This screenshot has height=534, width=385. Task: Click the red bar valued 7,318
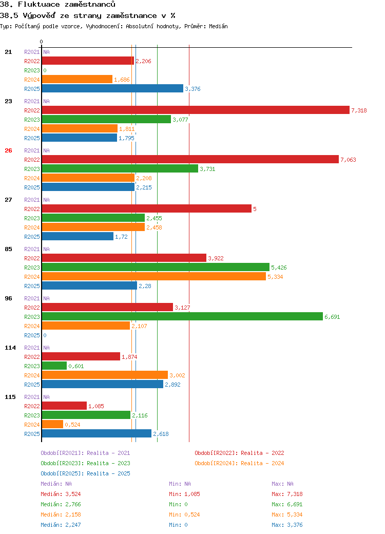pos(196,110)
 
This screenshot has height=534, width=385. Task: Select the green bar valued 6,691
pos(182,316)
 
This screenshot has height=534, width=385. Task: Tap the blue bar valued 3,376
pos(112,88)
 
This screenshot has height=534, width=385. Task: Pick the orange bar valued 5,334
pos(154,277)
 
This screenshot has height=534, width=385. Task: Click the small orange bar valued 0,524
pos(52,424)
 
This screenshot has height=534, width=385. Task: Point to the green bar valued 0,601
pos(54,366)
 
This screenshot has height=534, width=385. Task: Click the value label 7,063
pos(348,160)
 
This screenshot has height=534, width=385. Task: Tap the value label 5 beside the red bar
pos(255,209)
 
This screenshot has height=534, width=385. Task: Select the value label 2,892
pos(172,385)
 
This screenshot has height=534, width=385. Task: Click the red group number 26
pos(9,150)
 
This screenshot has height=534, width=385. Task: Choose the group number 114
pos(10,348)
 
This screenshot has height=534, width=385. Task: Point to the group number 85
pos(9,249)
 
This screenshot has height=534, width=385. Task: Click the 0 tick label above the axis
pos(41,42)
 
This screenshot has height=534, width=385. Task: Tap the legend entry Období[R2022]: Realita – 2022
pos(239,453)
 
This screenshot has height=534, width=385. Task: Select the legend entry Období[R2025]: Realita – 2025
pos(85,473)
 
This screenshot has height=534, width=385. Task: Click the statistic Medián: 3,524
pos(61,494)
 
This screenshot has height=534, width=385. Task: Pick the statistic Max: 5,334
pos(287,514)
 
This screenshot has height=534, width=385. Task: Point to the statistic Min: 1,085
pos(184,494)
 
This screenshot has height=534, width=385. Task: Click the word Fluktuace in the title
pos(39,5)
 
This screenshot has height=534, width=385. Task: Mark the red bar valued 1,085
pos(64,406)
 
